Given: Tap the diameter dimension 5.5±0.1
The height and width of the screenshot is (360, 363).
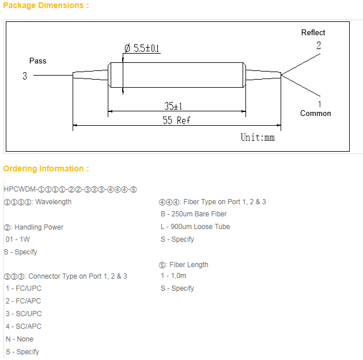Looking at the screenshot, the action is click(x=142, y=48).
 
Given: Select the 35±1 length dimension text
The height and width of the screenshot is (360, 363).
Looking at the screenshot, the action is click(x=173, y=106).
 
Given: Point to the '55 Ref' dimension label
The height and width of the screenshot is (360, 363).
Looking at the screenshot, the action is click(x=176, y=121).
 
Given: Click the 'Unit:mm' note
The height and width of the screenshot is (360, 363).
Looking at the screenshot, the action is click(x=258, y=137).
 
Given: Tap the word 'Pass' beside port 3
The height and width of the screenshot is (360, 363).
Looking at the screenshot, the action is click(x=37, y=61).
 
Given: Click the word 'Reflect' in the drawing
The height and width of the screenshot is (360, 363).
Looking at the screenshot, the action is click(x=313, y=32).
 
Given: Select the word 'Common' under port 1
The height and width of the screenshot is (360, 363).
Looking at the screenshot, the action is click(x=316, y=113).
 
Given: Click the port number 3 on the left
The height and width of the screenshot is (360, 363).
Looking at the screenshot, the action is click(x=25, y=76).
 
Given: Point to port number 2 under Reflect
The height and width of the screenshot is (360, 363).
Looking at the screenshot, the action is click(x=319, y=46).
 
